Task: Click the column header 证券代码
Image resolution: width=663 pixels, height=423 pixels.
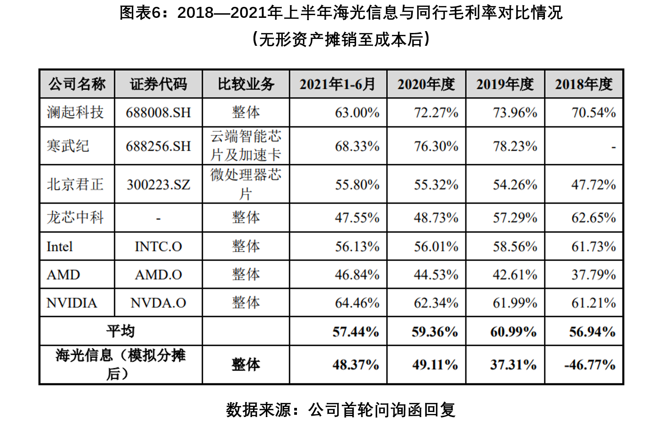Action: [x=158, y=84]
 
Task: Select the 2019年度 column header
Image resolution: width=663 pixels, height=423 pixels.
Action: [x=505, y=84]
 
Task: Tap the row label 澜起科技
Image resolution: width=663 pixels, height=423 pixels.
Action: [x=75, y=112]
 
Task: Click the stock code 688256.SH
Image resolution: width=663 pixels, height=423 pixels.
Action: [x=158, y=146]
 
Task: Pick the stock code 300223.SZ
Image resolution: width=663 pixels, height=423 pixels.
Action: [x=158, y=184]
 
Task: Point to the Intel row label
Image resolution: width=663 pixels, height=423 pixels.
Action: [x=60, y=247]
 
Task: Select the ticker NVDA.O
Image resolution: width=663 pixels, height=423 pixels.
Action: [x=158, y=303]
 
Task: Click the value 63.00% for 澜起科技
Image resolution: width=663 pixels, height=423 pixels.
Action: [x=357, y=113]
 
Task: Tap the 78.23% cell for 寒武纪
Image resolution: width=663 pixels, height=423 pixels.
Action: [x=515, y=146]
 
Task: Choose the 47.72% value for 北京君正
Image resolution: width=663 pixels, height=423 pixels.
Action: [x=593, y=185]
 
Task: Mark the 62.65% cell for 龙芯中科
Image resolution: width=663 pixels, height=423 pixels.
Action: [x=593, y=217]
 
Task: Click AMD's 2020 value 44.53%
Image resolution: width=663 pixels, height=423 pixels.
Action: [x=436, y=275]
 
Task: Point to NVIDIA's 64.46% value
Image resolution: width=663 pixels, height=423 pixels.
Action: [x=357, y=303]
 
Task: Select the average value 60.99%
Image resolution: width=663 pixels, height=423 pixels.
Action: [x=513, y=332]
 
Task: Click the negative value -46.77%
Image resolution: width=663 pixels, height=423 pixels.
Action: [x=590, y=365]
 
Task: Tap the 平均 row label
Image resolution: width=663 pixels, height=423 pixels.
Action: [x=121, y=331]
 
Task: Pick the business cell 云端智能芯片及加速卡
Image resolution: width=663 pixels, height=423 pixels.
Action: [x=246, y=146]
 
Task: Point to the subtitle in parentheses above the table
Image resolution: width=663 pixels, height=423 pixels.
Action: [x=341, y=39]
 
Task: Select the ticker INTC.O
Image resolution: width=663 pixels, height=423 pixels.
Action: [x=158, y=247]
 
